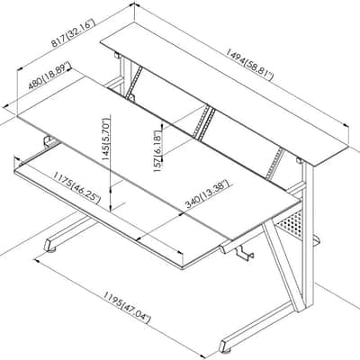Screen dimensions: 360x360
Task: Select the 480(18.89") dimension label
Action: [x=49, y=76]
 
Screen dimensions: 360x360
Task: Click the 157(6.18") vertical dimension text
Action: [x=158, y=151]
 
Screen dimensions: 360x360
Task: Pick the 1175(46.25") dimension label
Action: [x=76, y=187]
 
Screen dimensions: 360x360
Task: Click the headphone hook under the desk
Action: [x=244, y=254]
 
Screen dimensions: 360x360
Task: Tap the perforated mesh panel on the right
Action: [x=290, y=223]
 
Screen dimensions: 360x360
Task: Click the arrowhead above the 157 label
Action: [x=162, y=123]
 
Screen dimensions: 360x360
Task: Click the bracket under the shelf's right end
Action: [x=299, y=161]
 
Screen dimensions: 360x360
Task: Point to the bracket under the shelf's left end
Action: [x=117, y=56]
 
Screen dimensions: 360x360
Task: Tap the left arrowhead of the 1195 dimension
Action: [x=37, y=260]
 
